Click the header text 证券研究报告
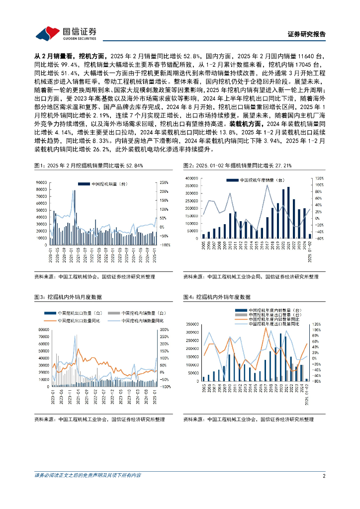click(x=307, y=34)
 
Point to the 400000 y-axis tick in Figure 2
click(x=191, y=178)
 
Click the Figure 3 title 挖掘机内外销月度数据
click(x=68, y=297)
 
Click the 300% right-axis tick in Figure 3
click(x=165, y=330)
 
